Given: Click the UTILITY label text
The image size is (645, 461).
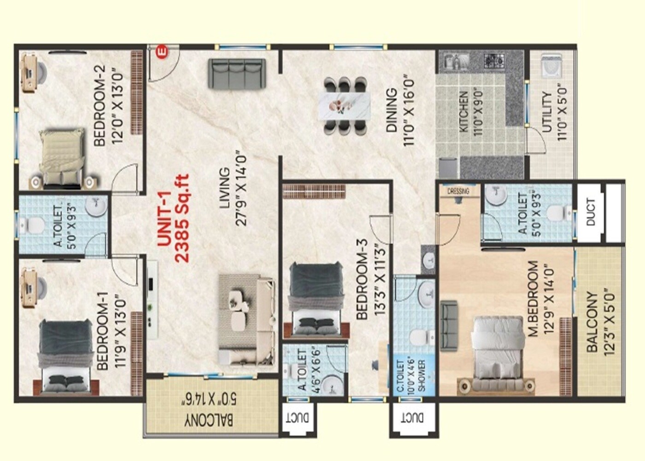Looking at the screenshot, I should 546,112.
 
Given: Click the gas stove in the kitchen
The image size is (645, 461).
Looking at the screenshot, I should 494,60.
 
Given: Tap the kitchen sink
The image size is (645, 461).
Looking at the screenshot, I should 456,61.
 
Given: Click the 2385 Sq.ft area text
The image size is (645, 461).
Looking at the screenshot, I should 182,218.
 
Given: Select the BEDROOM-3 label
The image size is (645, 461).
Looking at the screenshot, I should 362,279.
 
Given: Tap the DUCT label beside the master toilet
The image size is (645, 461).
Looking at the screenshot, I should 591,212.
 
